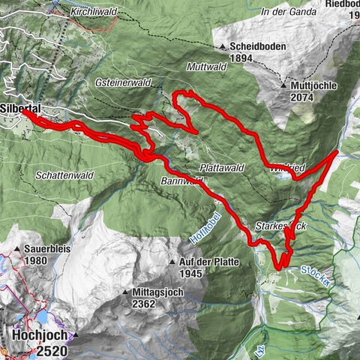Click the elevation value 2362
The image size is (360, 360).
point(142,304)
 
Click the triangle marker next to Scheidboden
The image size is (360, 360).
point(223,47)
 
